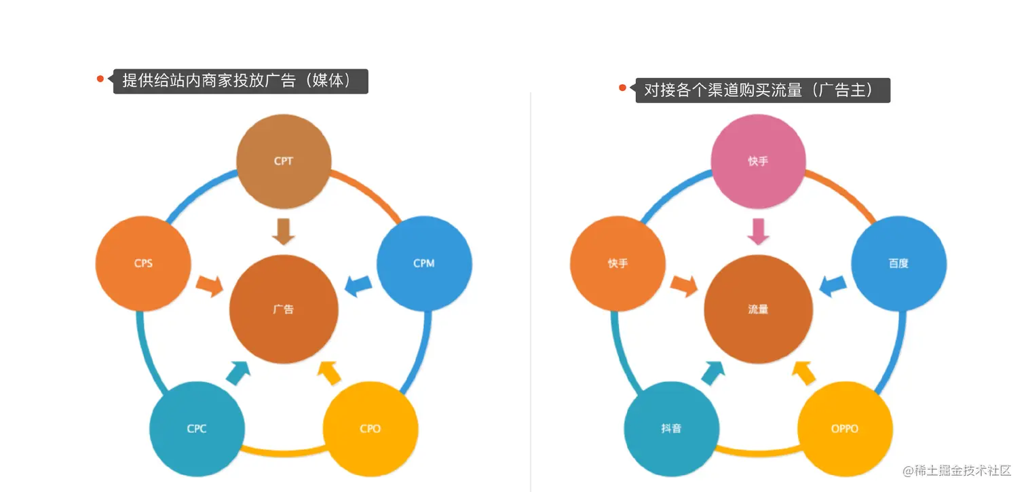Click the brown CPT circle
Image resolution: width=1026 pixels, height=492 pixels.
tap(284, 162)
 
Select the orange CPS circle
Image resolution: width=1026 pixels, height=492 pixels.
tap(142, 263)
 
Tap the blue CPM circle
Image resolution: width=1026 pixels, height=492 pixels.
tap(423, 263)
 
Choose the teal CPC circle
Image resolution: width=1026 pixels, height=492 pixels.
tap(197, 428)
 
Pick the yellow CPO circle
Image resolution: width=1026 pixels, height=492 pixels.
tap(370, 428)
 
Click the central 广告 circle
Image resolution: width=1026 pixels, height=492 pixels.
tap(284, 309)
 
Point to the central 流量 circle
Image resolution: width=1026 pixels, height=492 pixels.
tap(758, 309)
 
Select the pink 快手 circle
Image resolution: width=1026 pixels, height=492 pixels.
tap(758, 162)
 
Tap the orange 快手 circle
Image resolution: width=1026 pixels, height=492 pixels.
tap(617, 263)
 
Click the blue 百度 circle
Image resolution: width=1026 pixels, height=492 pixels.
tap(898, 263)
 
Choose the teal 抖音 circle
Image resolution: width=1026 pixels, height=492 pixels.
tap(671, 428)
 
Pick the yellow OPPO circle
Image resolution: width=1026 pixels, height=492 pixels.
tap(844, 428)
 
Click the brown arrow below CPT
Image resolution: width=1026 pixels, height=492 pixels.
tap(284, 230)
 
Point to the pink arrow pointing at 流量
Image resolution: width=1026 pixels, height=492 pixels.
tap(758, 230)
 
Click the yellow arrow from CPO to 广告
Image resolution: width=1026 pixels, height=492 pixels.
tap(330, 373)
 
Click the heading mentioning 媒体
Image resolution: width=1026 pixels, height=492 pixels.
tap(240, 81)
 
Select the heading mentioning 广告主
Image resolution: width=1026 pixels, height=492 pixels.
tap(761, 90)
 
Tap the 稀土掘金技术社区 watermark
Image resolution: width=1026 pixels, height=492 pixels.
tap(957, 470)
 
